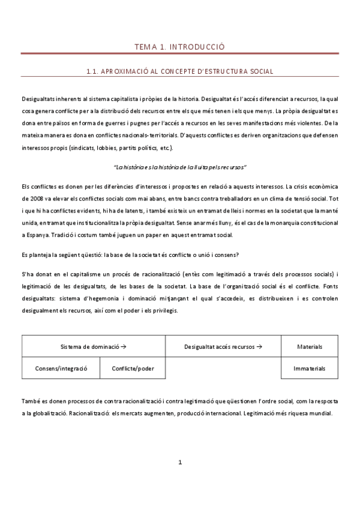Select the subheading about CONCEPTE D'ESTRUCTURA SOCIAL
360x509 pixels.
(180, 71)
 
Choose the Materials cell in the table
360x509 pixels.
(310, 346)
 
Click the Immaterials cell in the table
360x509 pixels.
(310, 368)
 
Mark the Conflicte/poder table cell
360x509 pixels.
(133, 368)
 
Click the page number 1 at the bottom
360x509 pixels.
(180, 462)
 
